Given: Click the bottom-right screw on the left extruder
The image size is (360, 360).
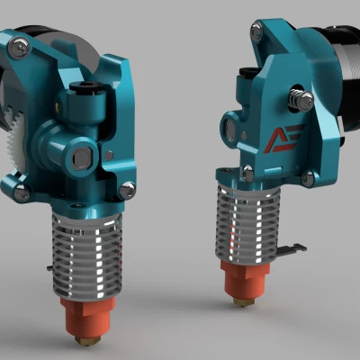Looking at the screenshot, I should click(127, 189).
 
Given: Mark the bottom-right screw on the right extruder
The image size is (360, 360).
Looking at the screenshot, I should click(308, 178).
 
